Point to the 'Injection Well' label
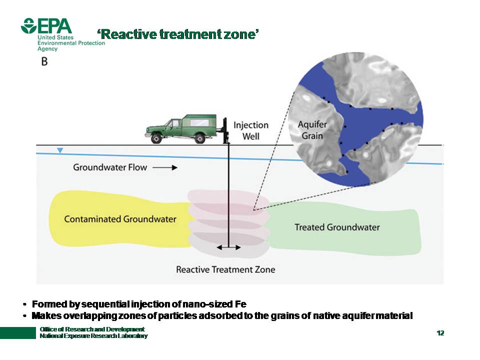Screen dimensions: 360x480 (x=251, y=130)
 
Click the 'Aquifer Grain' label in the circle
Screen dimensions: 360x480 (x=310, y=129)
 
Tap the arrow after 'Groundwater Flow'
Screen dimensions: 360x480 (x=165, y=168)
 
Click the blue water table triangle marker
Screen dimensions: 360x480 (x=60, y=150)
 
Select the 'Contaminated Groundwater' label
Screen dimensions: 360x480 (x=120, y=219)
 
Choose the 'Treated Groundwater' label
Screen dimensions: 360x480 (x=337, y=227)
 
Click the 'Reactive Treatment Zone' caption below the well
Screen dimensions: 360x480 (x=225, y=269)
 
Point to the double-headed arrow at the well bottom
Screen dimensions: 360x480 (x=228, y=247)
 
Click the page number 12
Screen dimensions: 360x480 (x=440, y=333)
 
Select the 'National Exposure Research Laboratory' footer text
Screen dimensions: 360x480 (x=93, y=336)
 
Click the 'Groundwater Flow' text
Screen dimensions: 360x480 (x=110, y=167)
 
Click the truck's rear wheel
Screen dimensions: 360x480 (x=199, y=138)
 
